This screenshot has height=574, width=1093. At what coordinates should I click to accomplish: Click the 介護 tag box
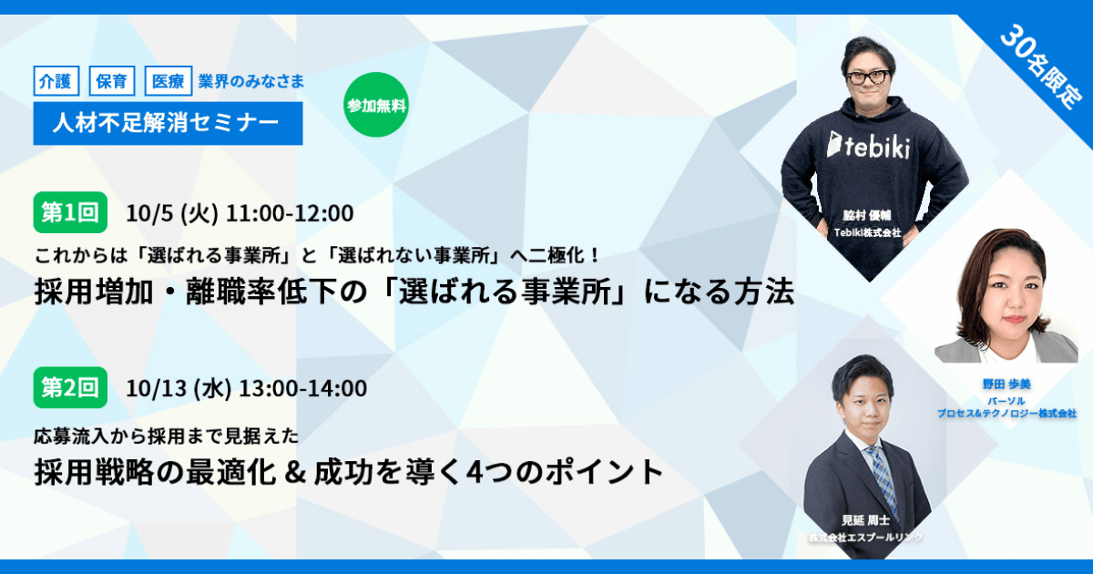[x=56, y=80]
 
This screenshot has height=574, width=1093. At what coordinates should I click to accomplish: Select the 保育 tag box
[x=112, y=80]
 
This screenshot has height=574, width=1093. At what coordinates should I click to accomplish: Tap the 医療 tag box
[x=169, y=80]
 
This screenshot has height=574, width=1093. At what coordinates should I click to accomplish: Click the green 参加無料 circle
[x=375, y=105]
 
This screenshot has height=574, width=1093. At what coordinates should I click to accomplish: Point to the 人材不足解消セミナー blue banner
[x=168, y=123]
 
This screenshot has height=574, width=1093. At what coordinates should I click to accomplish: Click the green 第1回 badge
[x=70, y=212]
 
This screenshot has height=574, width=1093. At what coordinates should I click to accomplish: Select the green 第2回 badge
[x=70, y=387]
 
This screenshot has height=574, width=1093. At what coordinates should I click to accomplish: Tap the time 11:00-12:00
[x=290, y=213]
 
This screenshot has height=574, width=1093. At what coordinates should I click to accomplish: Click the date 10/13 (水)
[x=179, y=388]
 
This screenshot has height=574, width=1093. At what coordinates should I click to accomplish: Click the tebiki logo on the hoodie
[x=869, y=145]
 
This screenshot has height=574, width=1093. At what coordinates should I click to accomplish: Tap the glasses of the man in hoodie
[x=867, y=77]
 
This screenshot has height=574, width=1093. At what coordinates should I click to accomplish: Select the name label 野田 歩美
[x=1006, y=384]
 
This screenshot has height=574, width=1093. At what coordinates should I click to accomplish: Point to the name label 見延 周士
[x=865, y=520]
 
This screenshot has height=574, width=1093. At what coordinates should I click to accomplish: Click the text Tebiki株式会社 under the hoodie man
[x=867, y=233]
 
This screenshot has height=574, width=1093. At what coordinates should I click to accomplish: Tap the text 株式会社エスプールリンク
[x=865, y=538]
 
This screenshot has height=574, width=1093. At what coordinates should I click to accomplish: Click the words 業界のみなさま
[x=251, y=81]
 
